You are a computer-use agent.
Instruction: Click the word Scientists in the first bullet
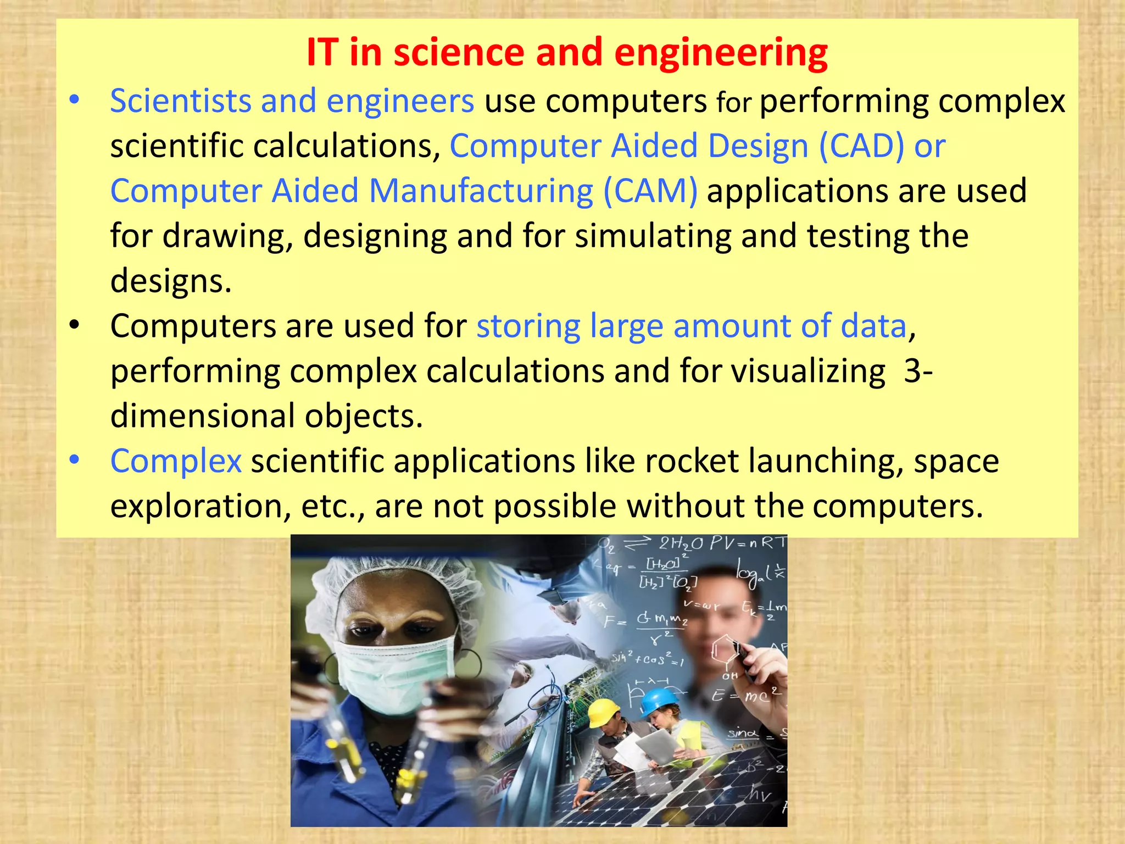click(x=180, y=102)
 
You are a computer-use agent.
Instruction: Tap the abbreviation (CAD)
click(x=861, y=147)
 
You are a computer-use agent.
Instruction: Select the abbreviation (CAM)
click(x=650, y=191)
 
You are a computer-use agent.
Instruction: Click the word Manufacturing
click(x=481, y=191)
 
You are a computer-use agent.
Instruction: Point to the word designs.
click(x=171, y=281)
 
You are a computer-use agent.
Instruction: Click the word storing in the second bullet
click(x=528, y=326)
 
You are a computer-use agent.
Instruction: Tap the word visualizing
click(x=808, y=371)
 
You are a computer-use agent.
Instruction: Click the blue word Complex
click(x=176, y=461)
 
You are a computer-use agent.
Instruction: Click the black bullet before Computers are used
click(x=75, y=325)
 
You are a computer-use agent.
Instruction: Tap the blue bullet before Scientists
click(x=75, y=101)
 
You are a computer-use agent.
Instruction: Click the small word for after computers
click(x=734, y=103)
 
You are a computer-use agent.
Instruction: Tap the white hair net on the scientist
click(x=385, y=577)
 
